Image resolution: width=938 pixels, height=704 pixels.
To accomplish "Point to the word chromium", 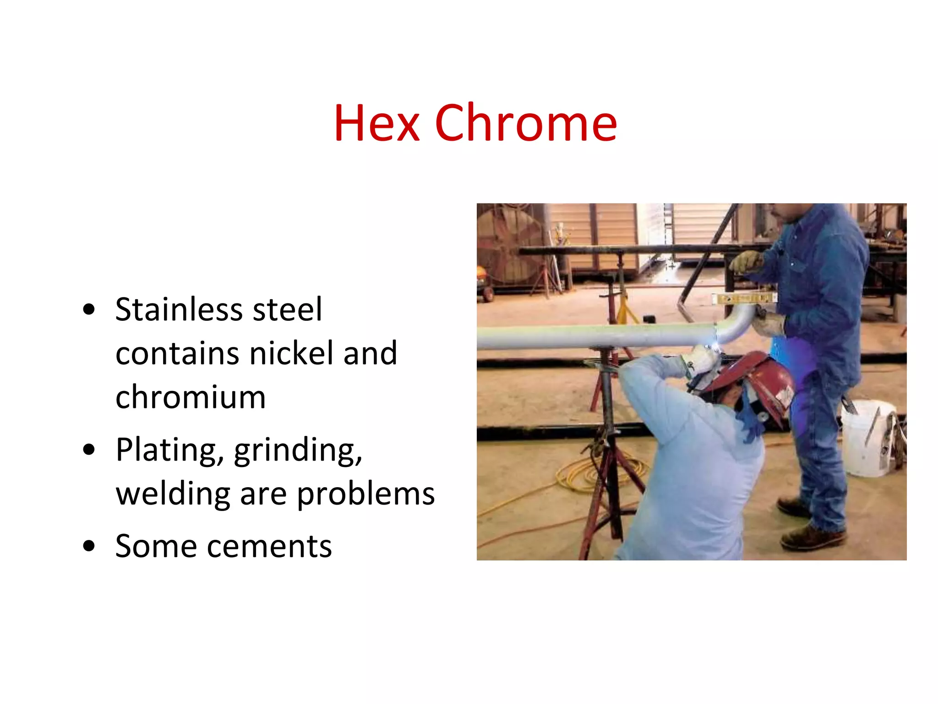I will (191, 397).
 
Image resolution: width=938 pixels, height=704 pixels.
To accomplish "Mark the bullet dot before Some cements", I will (89, 546).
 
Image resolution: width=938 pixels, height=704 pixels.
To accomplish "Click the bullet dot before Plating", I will (89, 450).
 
